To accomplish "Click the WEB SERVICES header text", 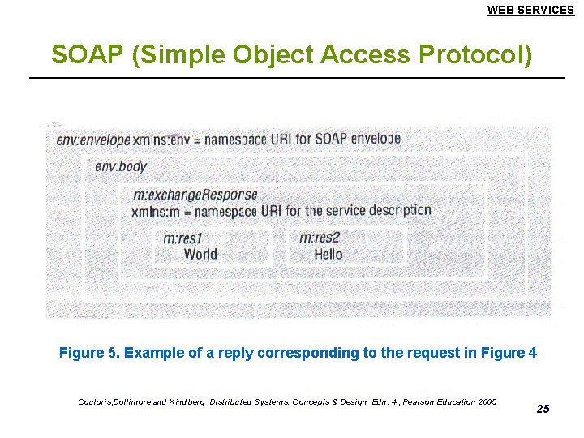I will coord(530,10).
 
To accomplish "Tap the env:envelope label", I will coord(93,140).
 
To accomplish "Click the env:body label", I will coord(120,166).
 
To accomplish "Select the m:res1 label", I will coord(182,238).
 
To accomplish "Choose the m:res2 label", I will coord(319,238).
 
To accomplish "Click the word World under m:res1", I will coord(200,255).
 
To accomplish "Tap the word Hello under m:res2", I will coord(328,255).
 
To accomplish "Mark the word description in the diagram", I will coord(400,210).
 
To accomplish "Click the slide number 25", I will coord(543,409).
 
